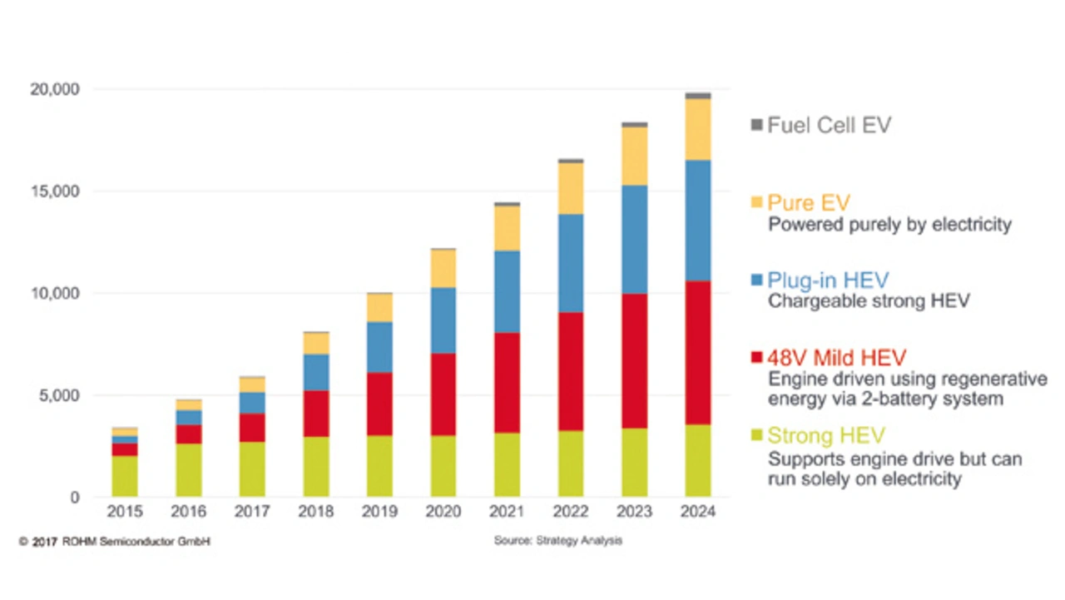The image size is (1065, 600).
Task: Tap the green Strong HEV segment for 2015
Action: click(x=125, y=476)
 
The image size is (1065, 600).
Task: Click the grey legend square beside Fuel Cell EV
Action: click(x=756, y=125)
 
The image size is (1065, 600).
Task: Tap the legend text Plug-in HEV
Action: click(x=828, y=280)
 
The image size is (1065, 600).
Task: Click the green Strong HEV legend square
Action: click(x=756, y=435)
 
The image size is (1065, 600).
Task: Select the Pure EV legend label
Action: click(x=808, y=203)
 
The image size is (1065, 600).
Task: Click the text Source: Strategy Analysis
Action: click(x=557, y=541)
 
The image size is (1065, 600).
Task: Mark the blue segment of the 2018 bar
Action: click(x=316, y=372)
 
